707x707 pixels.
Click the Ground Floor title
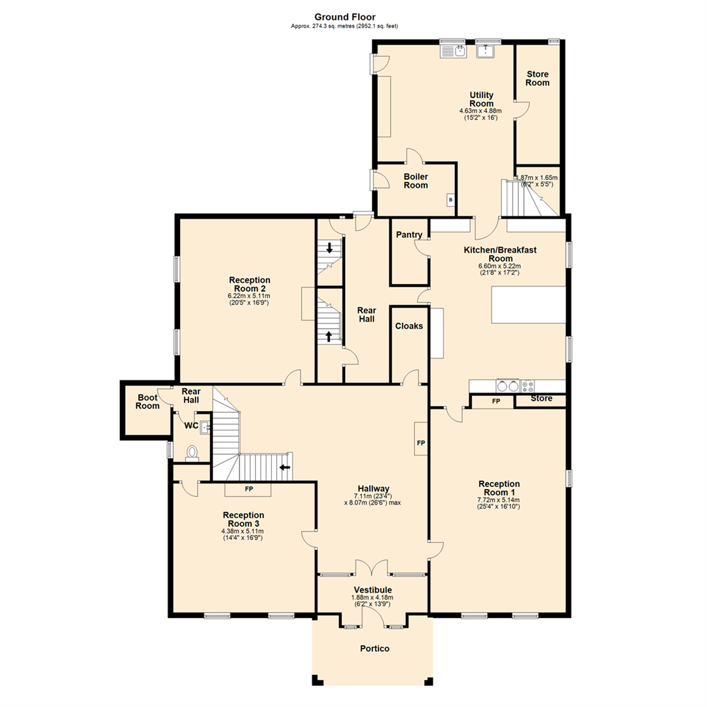click(x=345, y=17)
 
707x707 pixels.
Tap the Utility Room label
click(x=481, y=100)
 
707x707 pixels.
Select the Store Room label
click(x=537, y=79)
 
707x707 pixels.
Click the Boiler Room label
click(x=416, y=181)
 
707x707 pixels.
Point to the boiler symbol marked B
click(x=450, y=200)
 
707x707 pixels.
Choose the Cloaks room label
click(x=409, y=326)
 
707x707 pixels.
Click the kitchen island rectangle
click(x=528, y=304)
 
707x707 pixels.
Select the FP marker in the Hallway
click(x=421, y=443)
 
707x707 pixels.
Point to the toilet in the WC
click(x=192, y=453)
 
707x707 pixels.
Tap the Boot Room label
click(x=147, y=401)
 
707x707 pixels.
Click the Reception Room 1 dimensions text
click(x=499, y=503)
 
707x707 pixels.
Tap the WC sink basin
click(x=205, y=428)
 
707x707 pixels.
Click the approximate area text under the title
click(x=345, y=26)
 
